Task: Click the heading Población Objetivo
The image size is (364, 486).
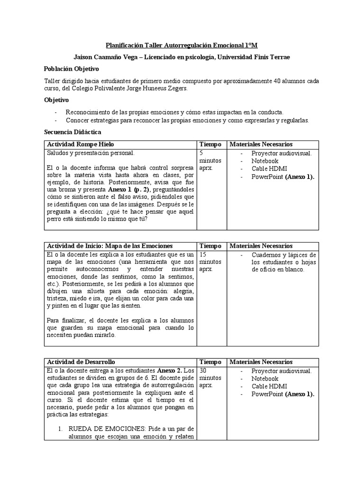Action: coord(72,69)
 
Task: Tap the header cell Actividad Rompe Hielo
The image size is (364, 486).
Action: coord(80,144)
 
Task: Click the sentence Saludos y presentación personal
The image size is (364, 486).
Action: coord(91,153)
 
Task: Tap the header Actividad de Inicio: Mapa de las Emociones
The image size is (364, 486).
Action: coord(109,246)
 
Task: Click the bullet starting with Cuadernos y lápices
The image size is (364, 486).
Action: coord(284,262)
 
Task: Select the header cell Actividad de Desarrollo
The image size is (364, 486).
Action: coord(81,362)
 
